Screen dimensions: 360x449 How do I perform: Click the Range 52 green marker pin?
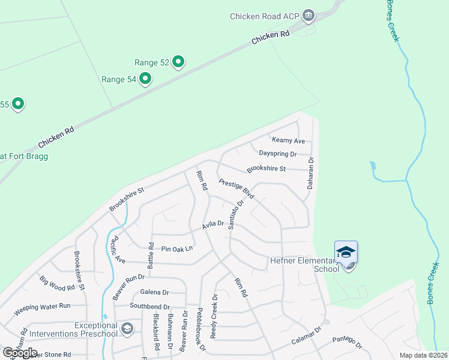(178, 61)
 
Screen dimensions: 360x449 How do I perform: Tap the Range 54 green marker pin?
(145, 78)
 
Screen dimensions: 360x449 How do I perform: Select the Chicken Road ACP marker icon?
(309, 15)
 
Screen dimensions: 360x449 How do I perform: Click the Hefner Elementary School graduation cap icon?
(346, 253)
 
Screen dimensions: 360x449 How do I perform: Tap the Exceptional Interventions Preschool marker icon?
(127, 328)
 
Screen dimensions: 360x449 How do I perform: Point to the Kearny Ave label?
(289, 140)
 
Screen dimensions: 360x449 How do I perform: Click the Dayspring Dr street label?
(277, 154)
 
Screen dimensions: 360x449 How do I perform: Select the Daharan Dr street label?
(311, 173)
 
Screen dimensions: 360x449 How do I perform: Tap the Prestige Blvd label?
(237, 189)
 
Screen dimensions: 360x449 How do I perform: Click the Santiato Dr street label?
(235, 214)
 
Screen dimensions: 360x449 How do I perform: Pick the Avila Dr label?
(212, 224)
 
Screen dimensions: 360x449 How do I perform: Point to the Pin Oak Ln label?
(178, 248)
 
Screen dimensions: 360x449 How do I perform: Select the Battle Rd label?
(151, 256)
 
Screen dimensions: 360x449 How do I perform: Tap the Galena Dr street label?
(155, 292)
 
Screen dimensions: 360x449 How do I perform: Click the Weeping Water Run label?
(42, 306)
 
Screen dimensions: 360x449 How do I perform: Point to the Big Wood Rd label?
(57, 283)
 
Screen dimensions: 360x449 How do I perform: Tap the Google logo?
(19, 353)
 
